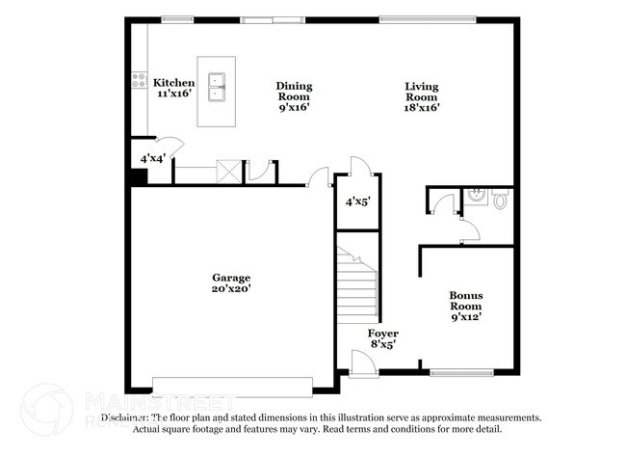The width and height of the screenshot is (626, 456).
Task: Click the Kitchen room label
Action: (x=174, y=83)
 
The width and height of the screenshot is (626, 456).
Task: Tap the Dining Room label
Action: (x=295, y=92)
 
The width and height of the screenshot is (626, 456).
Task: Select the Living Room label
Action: (x=421, y=92)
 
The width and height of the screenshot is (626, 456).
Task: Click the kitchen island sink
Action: (x=216, y=90)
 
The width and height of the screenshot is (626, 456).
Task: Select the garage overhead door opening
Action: (x=233, y=385)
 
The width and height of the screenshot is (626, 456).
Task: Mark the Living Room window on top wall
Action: (x=427, y=18)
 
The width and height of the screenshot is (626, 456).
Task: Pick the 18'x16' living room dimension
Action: (x=421, y=108)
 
